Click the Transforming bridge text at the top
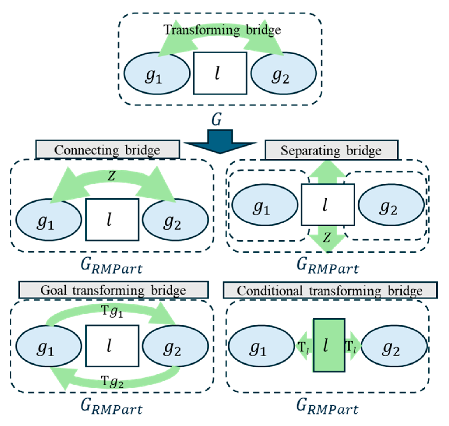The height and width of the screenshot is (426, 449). click(222, 30)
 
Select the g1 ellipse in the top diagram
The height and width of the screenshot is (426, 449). click(157, 73)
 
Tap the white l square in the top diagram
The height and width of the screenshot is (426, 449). click(220, 73)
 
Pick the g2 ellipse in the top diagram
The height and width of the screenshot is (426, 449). click(284, 73)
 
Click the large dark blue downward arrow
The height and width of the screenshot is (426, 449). click(220, 142)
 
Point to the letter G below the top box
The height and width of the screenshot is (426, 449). click(216, 119)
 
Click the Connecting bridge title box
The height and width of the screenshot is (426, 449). click(107, 150)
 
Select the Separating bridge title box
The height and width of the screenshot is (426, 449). click(331, 150)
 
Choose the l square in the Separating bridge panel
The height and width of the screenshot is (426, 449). click(328, 205)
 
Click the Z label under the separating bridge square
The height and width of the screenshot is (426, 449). click(327, 238)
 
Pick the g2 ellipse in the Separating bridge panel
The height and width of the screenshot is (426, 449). click(391, 205)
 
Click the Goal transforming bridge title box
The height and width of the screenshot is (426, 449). click(113, 290)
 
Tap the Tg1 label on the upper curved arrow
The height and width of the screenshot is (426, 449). click(112, 311)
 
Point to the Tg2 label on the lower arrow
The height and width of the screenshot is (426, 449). click(112, 381)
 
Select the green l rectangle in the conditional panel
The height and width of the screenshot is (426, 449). click(329, 346)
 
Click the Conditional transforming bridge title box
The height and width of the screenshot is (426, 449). click(330, 290)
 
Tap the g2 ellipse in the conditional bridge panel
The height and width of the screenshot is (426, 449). click(394, 346)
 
